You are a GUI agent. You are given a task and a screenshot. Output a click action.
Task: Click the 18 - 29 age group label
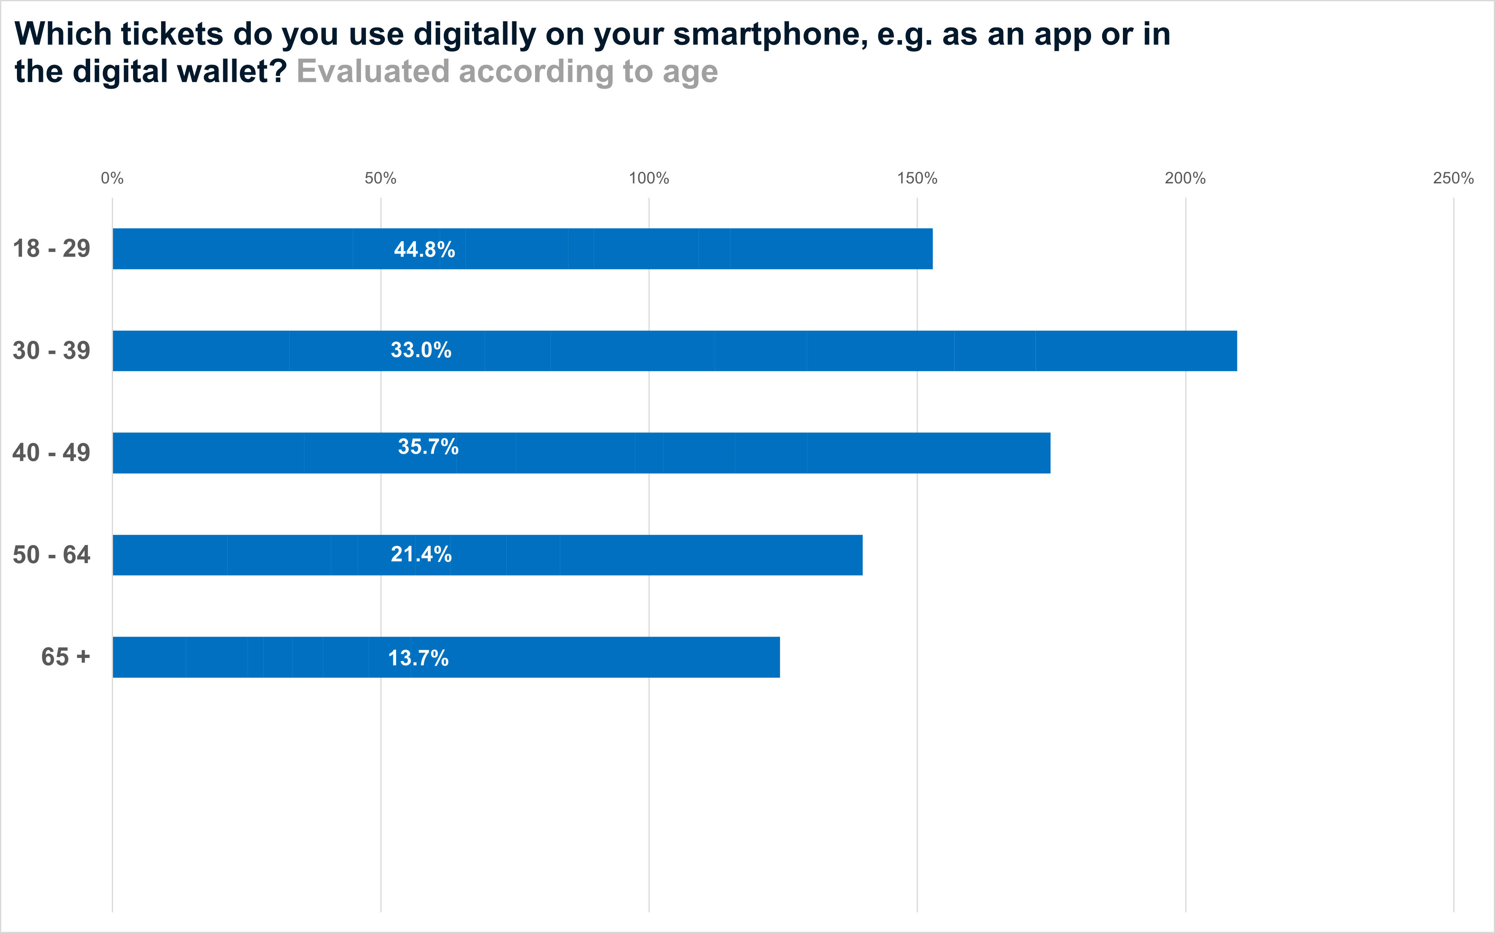point(52,249)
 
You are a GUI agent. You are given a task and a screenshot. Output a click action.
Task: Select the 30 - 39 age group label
point(52,351)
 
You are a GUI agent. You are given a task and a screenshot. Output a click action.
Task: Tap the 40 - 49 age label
point(52,453)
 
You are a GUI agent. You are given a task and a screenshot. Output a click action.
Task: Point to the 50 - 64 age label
point(52,555)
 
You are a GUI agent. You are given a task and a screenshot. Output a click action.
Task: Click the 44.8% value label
point(425,250)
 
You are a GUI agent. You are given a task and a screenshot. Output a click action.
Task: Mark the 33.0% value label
point(421,351)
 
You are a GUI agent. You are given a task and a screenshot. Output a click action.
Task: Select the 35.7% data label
point(428,447)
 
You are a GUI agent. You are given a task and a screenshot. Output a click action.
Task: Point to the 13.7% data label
point(419,658)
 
